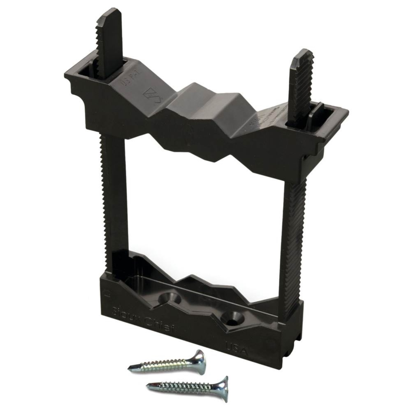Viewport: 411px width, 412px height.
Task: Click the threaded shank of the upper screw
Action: click(x=165, y=364)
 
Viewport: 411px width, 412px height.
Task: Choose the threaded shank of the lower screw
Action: click(x=185, y=386)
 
